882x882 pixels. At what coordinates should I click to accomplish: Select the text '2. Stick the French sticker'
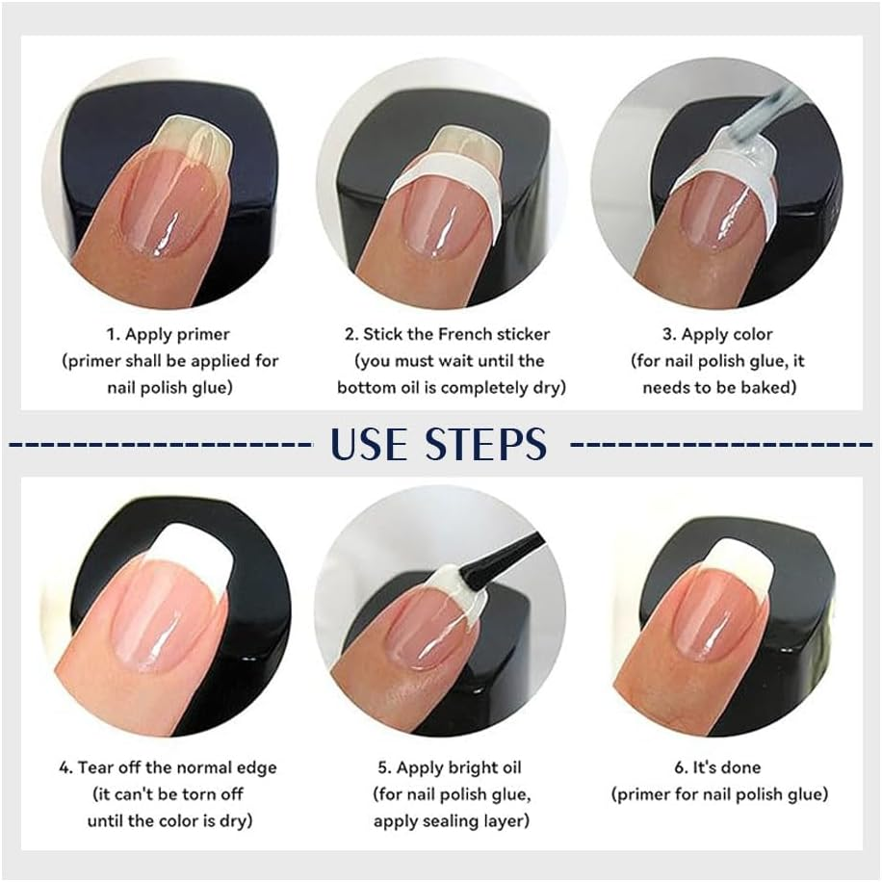tap(448, 335)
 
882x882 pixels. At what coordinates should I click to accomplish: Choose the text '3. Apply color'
tap(716, 335)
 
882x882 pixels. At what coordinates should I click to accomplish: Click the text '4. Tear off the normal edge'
tap(168, 767)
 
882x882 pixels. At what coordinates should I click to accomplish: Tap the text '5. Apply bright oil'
tap(449, 767)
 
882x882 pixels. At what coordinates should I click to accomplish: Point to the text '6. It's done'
tap(718, 767)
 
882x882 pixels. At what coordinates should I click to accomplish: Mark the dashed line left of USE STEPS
tap(159, 445)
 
